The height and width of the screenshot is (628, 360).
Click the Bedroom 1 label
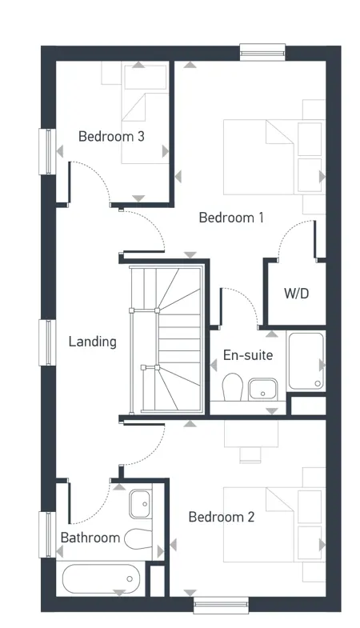coord(231,218)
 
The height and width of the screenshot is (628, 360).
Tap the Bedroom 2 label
coord(221,518)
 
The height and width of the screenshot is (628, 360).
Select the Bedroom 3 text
coord(111,136)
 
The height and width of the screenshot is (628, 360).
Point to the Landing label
coord(92,342)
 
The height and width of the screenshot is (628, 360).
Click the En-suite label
coord(248,355)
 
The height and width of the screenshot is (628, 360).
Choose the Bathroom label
coord(90,538)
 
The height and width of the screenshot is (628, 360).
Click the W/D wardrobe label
coord(296,294)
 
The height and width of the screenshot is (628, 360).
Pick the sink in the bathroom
coord(140,503)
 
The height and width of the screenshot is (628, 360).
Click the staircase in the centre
coord(166,339)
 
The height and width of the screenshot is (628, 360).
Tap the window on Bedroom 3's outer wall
coord(46,150)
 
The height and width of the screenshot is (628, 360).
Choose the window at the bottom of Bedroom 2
coord(217,604)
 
